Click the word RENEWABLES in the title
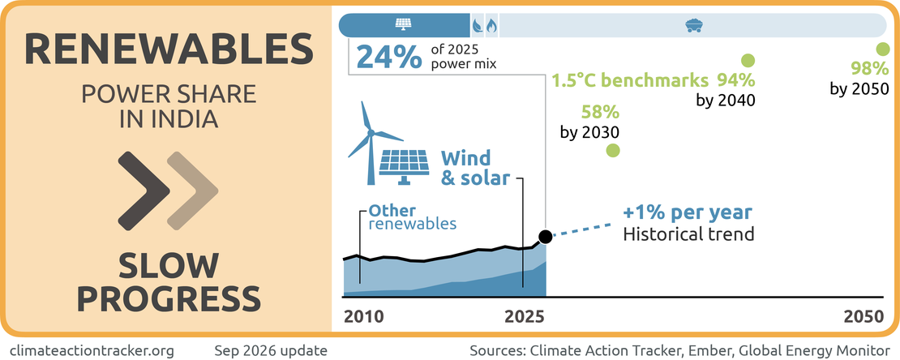click(169, 49)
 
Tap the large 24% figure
click(388, 58)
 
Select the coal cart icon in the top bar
click(695, 25)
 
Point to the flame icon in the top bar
click(491, 26)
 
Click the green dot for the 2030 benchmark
click(613, 151)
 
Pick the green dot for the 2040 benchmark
click(748, 60)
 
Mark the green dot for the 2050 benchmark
click(883, 49)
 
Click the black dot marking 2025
click(546, 236)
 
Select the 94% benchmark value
click(735, 79)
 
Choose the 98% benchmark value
click(869, 69)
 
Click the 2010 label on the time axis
click(363, 318)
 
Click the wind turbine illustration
click(368, 144)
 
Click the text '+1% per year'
click(687, 212)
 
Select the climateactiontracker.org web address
click(92, 349)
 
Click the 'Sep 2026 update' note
click(271, 349)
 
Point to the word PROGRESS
click(169, 298)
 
